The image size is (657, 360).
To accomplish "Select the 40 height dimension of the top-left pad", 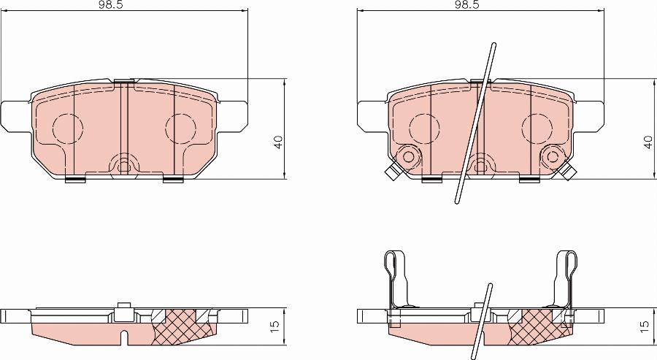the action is [278, 142].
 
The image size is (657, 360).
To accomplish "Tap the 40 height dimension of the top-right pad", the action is [648, 142].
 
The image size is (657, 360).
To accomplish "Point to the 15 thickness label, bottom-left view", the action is [275, 326].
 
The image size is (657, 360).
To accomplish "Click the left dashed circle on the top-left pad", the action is [67, 129].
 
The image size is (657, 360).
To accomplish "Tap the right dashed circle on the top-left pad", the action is [180, 129].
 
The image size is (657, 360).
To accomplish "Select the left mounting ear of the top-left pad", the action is [16, 117].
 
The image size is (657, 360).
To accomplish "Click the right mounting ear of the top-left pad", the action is [234, 117].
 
